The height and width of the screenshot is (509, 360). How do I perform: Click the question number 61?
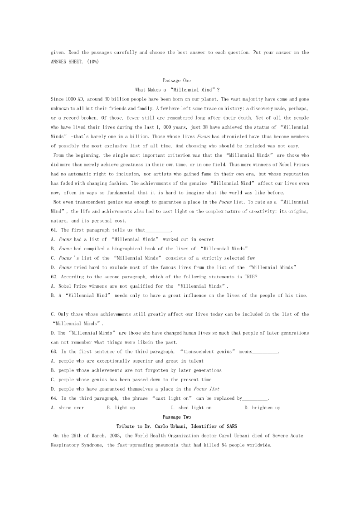click(54, 230)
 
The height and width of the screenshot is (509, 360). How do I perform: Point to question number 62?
click(54, 276)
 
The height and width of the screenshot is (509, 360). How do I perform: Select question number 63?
click(54, 352)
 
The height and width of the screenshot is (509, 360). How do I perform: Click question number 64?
click(54, 398)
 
